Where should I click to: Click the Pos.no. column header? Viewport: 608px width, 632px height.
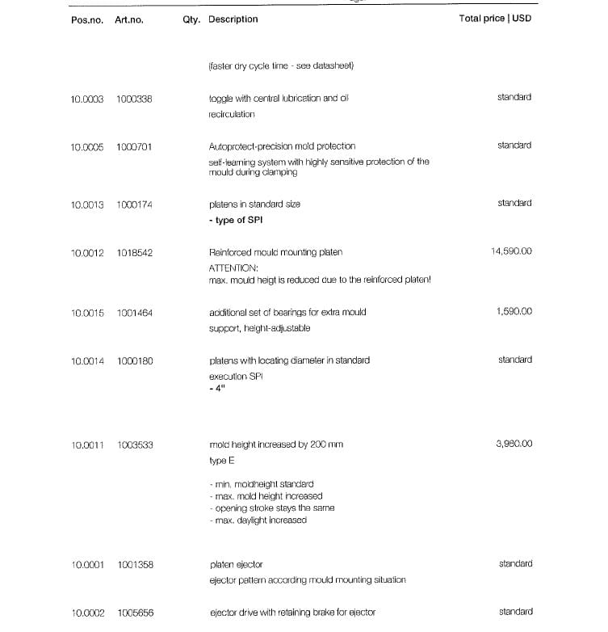[87, 20]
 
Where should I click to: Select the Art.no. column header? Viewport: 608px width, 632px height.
[129, 20]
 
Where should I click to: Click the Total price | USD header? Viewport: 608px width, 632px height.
[495, 19]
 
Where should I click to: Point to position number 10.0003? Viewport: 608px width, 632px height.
[87, 99]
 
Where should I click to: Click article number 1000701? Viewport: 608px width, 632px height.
[135, 147]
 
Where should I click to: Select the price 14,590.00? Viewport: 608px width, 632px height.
[511, 251]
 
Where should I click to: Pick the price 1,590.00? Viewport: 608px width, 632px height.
[514, 310]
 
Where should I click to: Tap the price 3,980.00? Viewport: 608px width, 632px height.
[514, 444]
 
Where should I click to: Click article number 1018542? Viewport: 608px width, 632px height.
[135, 253]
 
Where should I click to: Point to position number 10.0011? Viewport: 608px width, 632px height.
[88, 445]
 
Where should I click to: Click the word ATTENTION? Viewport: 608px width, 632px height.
[233, 267]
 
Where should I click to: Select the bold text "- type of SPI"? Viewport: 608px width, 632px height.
[236, 220]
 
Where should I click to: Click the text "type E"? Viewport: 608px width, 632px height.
[222, 460]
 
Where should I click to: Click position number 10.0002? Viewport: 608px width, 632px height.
[88, 613]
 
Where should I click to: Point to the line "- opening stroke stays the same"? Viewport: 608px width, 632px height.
[271, 508]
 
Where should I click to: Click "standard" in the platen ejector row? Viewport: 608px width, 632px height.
[515, 563]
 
